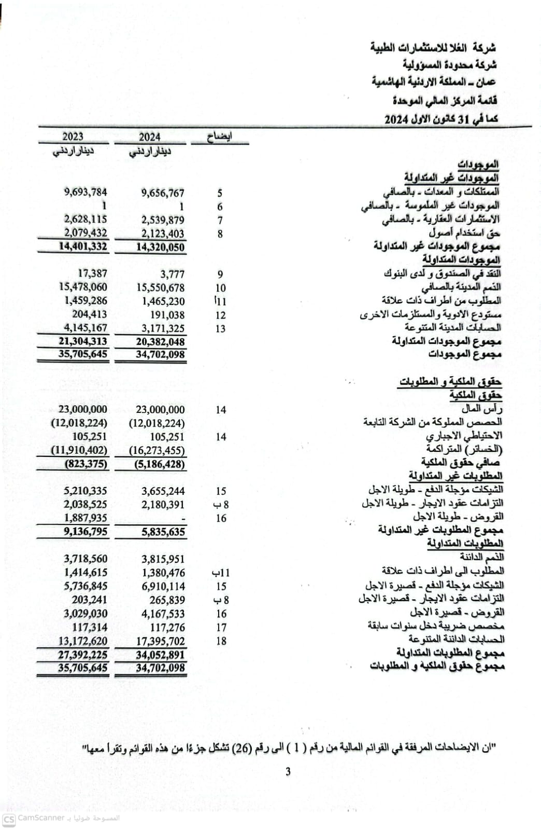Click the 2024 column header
pyautogui.click(x=149, y=137)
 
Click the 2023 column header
pyautogui.click(x=73, y=136)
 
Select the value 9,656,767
pyautogui.click(x=163, y=193)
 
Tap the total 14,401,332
pyautogui.click(x=83, y=246)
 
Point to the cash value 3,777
pyautogui.click(x=172, y=274)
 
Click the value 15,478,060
pyautogui.click(x=83, y=287)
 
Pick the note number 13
pyautogui.click(x=220, y=328)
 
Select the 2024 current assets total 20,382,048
pyautogui.click(x=160, y=341)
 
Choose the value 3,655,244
pyautogui.click(x=163, y=491)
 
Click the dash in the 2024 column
pyautogui.click(x=182, y=518)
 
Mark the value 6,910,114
pyautogui.click(x=163, y=586)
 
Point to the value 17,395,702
pyautogui.click(x=160, y=641)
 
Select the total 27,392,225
pyautogui.click(x=83, y=655)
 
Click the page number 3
pyautogui.click(x=288, y=771)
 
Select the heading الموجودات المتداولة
pyautogui.click(x=461, y=259)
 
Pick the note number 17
pyautogui.click(x=221, y=627)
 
